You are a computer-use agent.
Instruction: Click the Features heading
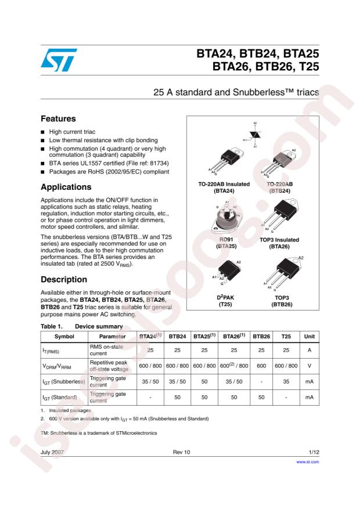[x=59, y=118]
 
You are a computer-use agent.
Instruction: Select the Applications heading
[x=66, y=187]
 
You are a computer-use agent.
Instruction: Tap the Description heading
[x=64, y=279]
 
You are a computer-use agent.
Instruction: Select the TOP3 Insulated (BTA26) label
[x=280, y=243]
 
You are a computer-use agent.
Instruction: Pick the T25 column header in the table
[x=286, y=337]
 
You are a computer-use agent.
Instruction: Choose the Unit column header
[x=309, y=337]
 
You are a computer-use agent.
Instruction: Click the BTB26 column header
[x=261, y=337]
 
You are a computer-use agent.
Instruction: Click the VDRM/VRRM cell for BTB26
[x=261, y=366]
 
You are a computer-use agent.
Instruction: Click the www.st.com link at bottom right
[x=308, y=463]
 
